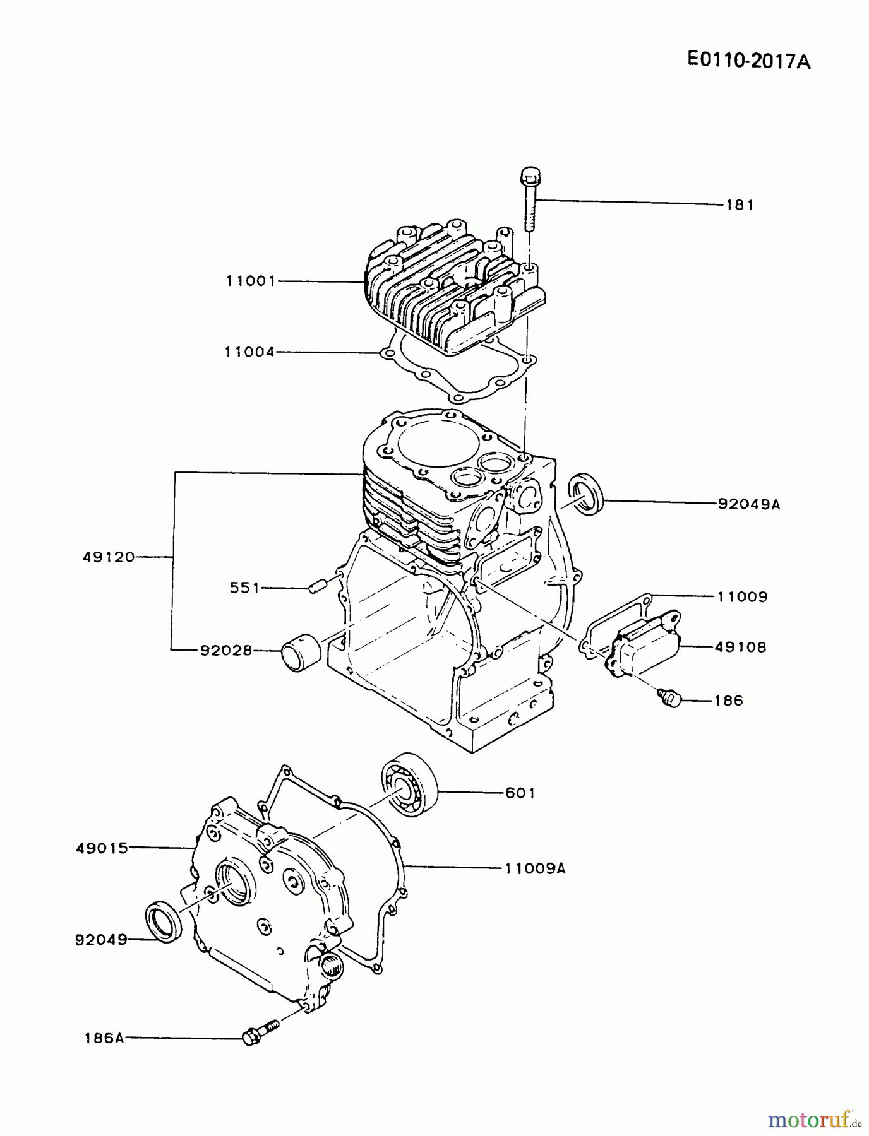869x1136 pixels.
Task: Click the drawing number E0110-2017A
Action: click(748, 61)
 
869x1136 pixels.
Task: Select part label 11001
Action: click(251, 281)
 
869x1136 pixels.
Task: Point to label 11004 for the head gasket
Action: click(250, 352)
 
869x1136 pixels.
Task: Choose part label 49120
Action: click(109, 557)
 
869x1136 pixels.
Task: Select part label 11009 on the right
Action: click(742, 596)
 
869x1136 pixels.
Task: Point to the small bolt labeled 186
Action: click(670, 698)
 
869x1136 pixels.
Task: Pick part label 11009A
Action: click(535, 868)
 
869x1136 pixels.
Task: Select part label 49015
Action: click(102, 849)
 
